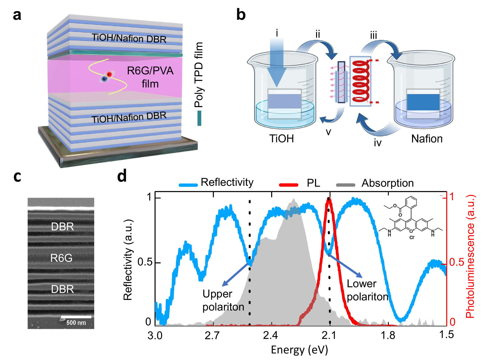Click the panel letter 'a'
tap(17, 15)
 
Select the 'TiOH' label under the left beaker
tap(281, 139)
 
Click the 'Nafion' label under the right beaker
tap(427, 139)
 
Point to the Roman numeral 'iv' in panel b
tap(377, 143)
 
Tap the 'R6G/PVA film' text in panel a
tap(150, 77)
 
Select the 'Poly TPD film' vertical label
tap(199, 75)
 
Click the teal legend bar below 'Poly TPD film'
tap(199, 118)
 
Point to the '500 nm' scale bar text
tap(76, 322)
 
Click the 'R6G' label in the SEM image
tap(61, 258)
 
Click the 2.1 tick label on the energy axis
tap(329, 336)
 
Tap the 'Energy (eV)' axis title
tap(299, 350)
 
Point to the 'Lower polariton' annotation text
tap(367, 290)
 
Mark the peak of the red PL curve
tap(329, 199)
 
